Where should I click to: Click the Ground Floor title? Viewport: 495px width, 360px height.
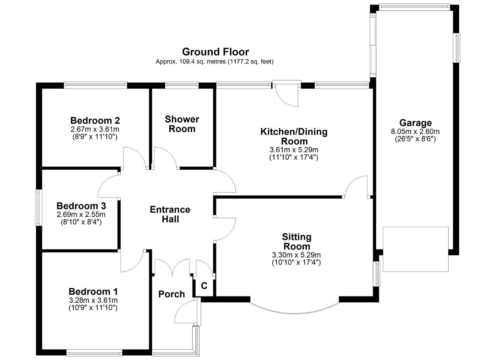(x=215, y=52)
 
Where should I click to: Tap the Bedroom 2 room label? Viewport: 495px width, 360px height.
(x=95, y=121)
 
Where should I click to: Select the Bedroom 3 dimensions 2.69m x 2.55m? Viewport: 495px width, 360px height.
(x=81, y=214)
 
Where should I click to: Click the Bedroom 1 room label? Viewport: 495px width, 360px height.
(x=93, y=292)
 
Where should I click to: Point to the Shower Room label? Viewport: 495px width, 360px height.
(x=182, y=124)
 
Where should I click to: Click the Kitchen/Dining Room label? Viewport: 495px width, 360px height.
(x=294, y=136)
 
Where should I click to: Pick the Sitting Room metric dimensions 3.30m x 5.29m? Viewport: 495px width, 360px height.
(x=296, y=255)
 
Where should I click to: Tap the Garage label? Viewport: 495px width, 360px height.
(x=415, y=123)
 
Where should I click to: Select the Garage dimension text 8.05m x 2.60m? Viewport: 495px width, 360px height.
(x=415, y=132)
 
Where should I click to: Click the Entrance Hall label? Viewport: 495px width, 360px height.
(x=170, y=214)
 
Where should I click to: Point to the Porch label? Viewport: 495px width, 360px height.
(x=171, y=294)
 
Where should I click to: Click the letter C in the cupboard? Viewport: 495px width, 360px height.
(x=204, y=286)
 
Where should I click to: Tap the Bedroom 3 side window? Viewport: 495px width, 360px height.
(x=39, y=208)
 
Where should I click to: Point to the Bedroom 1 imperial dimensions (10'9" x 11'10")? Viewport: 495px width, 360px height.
(x=93, y=308)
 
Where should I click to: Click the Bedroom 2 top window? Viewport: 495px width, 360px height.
(x=96, y=85)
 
